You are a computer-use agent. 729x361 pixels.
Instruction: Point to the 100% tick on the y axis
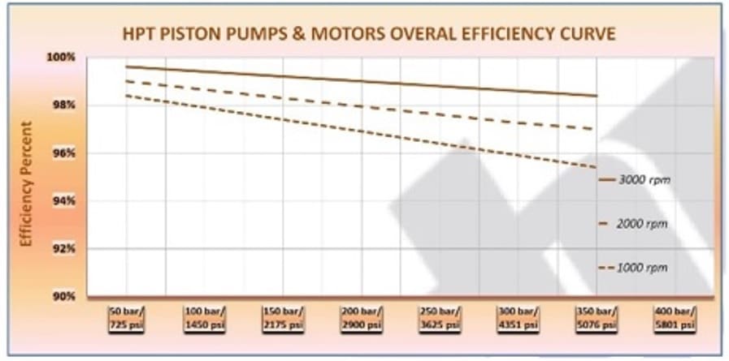click(x=65, y=58)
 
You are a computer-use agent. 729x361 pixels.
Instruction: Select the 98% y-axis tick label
click(x=66, y=105)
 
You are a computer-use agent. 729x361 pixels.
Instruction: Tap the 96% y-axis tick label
click(x=66, y=153)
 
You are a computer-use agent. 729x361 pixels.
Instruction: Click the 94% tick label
click(x=66, y=201)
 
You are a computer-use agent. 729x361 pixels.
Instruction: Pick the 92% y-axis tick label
click(x=66, y=249)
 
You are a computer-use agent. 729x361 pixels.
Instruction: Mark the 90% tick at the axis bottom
click(x=66, y=296)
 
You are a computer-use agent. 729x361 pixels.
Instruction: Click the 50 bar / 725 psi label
click(x=127, y=317)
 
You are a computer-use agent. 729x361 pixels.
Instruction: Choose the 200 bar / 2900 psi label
click(x=361, y=317)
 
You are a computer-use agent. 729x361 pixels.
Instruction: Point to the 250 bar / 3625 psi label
click(x=440, y=317)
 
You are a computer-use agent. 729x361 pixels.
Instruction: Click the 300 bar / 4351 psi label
click(x=518, y=317)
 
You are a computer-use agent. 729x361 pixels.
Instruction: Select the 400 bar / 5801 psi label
click(x=675, y=317)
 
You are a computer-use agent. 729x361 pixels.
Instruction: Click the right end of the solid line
click(x=597, y=96)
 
